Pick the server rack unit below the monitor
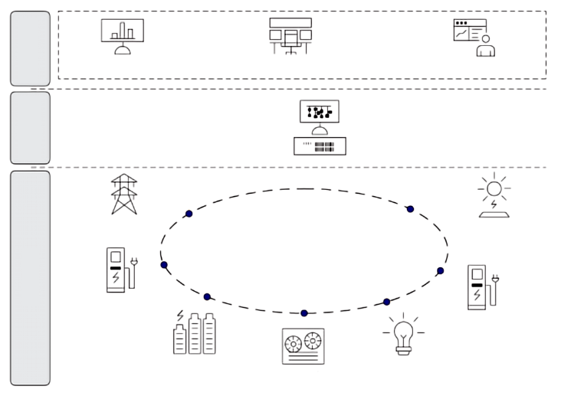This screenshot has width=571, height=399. (x=320, y=146)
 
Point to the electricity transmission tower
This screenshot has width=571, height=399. (x=123, y=195)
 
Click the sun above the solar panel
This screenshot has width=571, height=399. (x=494, y=188)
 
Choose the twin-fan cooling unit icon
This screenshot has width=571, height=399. (x=303, y=345)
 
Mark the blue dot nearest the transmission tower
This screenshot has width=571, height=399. (x=189, y=214)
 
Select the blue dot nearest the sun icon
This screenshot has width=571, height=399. (x=410, y=208)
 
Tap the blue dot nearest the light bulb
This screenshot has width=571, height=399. (x=386, y=302)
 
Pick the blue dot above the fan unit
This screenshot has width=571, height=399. (x=304, y=312)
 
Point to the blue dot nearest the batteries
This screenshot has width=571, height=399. (x=207, y=296)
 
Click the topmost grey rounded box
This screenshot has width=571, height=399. (x=30, y=48)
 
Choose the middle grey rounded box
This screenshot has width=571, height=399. (x=30, y=128)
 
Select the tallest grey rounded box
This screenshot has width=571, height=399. (x=30, y=278)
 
